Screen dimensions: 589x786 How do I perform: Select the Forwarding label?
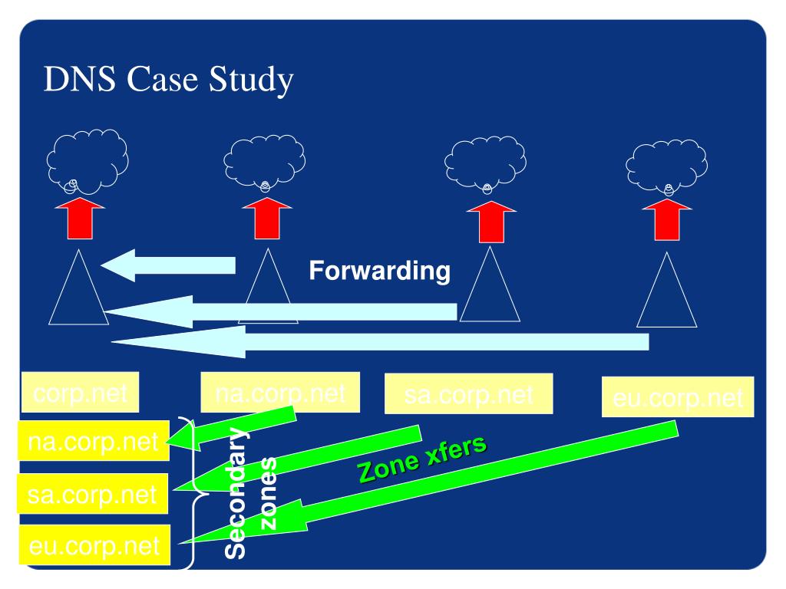(x=379, y=271)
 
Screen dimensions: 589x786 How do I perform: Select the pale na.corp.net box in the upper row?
(x=279, y=396)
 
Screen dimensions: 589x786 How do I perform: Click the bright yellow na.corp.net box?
(x=93, y=443)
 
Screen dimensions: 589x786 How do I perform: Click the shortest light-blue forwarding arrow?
(x=169, y=265)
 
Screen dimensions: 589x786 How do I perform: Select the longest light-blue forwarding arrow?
(x=384, y=341)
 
